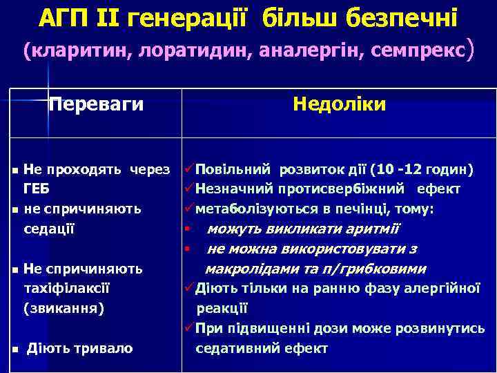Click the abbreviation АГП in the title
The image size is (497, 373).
click(64, 17)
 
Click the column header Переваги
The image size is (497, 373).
click(96, 104)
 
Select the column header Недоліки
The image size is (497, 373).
click(339, 104)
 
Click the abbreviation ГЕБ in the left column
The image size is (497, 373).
click(36, 188)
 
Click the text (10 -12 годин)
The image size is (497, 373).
click(422, 169)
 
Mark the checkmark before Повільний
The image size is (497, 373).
click(188, 169)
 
